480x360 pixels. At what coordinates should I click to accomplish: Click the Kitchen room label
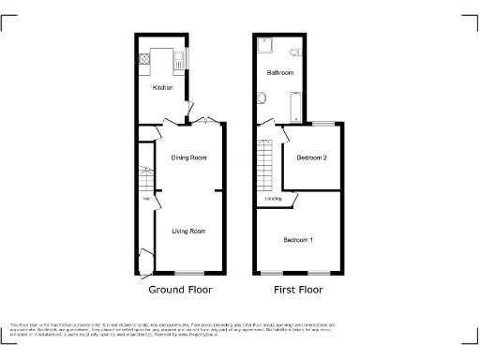coord(163,88)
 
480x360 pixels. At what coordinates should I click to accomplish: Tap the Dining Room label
coord(188,157)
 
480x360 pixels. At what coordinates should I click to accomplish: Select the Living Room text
coord(188,230)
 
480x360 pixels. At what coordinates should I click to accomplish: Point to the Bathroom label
coord(280,73)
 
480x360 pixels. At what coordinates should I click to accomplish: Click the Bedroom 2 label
coord(312,157)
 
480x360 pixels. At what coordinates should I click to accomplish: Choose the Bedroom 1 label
coord(298,240)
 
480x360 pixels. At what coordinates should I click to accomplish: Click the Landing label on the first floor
coord(274,199)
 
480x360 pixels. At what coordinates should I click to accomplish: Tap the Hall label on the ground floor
coord(146,199)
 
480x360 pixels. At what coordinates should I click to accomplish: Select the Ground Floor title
coord(180,291)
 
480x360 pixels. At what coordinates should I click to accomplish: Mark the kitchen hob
coord(145,59)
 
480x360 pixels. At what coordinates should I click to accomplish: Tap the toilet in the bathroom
coord(294,51)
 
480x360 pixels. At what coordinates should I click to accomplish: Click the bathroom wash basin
coord(262,97)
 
